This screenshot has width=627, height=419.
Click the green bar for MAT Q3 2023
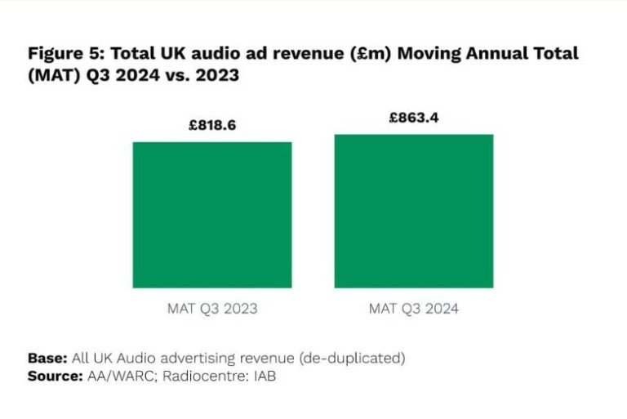[212, 215]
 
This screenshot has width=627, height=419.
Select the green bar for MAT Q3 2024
[414, 211]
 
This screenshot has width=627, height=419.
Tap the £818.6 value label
[212, 127]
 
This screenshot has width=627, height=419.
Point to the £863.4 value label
[414, 118]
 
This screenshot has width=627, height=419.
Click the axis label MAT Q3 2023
[212, 309]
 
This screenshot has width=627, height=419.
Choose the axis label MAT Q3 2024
[414, 309]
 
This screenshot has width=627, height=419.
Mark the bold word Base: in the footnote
[47, 358]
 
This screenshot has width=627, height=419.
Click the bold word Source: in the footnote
[54, 376]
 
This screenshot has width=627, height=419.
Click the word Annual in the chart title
[501, 54]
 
